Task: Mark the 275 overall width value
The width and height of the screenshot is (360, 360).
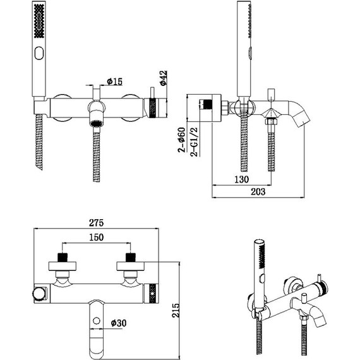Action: [x=95, y=223]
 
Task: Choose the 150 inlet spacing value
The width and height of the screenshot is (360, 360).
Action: [x=95, y=237]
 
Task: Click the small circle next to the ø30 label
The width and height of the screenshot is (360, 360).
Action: [x=96, y=323]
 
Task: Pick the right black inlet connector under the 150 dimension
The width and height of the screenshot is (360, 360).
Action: [x=131, y=257]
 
